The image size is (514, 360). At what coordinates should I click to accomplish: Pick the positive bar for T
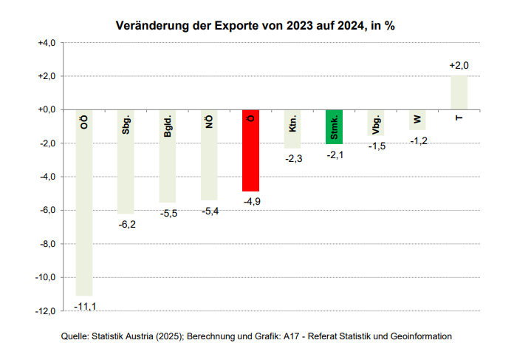point(459,92)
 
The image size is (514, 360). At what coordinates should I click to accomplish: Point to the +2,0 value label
point(459,66)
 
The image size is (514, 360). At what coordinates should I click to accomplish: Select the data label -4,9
point(251,201)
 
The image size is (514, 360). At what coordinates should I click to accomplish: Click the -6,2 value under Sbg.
point(126,223)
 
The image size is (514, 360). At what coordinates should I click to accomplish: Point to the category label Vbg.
point(377,123)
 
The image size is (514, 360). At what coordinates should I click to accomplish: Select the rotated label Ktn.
point(292,123)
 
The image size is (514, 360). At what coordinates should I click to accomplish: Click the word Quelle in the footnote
point(75,336)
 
